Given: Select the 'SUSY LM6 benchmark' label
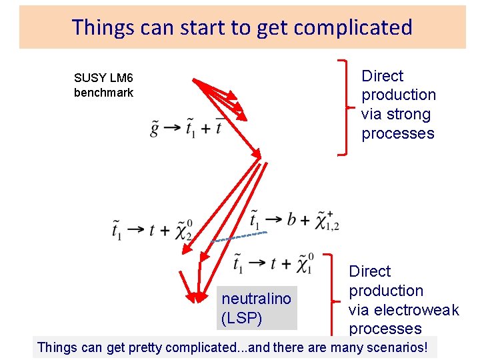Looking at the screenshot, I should tap(103, 85).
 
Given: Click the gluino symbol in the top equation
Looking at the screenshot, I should tap(155, 127).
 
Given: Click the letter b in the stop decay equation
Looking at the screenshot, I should tap(291, 221).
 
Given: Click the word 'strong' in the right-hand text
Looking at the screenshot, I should tap(405, 115).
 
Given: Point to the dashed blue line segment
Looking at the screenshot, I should tap(240, 236).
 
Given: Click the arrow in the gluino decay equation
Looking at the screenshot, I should tap(172, 128).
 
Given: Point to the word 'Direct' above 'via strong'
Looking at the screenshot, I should tap(382, 76).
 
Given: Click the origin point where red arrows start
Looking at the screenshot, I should tap(193, 81).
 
